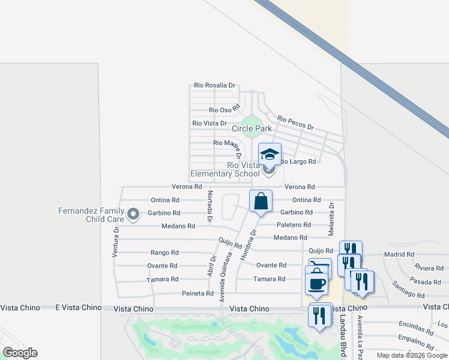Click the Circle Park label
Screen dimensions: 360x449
coord(252,128)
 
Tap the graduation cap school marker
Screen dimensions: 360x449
coord(270,154)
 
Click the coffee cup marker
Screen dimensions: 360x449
coord(317,283)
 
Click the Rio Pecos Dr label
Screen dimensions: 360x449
coord(296,123)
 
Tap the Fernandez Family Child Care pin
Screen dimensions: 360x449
coord(133,213)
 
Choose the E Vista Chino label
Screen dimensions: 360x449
coord(79,308)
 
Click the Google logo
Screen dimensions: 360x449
coord(20,353)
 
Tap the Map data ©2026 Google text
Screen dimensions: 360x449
coord(411,355)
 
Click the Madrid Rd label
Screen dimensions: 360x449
coord(399,254)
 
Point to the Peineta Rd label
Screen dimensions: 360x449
coord(198,293)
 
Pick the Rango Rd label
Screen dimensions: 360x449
coord(164,253)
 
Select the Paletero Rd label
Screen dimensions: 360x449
coord(294,225)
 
